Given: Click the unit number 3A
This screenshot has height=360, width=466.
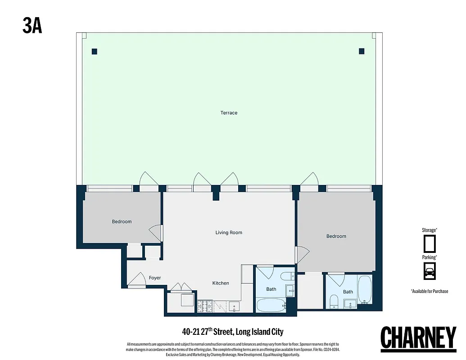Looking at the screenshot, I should click(x=32, y=26).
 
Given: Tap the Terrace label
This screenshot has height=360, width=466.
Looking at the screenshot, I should click(x=229, y=113).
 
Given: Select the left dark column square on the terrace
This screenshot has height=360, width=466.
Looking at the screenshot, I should click(x=95, y=51).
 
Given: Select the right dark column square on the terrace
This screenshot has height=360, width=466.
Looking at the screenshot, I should click(x=362, y=51).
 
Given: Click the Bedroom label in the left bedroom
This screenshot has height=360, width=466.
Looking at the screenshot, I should click(x=122, y=221).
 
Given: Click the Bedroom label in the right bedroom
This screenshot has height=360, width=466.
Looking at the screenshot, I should click(x=336, y=236).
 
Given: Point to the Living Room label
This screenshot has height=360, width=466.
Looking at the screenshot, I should click(x=229, y=233).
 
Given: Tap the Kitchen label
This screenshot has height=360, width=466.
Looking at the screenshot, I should click(x=221, y=283).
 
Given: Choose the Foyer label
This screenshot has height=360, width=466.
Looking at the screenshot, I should click(x=155, y=278).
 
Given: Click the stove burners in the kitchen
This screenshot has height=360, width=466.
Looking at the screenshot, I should click(x=205, y=306).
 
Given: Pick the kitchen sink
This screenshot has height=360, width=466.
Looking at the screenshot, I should click(x=233, y=307).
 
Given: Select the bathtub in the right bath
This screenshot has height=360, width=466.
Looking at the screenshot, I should click(x=365, y=290).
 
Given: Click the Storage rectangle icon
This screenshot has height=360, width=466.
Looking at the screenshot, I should click(x=430, y=243).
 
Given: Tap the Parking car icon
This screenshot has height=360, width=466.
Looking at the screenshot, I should click(x=430, y=271).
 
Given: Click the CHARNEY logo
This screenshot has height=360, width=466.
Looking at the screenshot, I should click(x=418, y=337).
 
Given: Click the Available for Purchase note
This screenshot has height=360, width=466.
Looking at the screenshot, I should click(x=430, y=291).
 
